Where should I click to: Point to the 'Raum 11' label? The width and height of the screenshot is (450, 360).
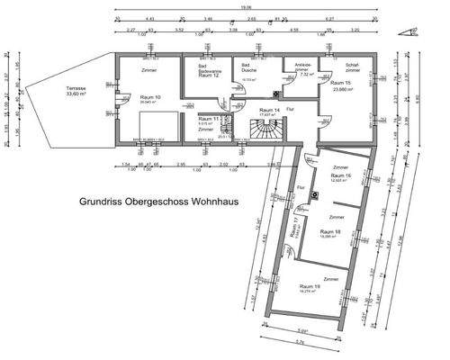click(209, 119)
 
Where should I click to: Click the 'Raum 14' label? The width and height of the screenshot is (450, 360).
click(268, 108)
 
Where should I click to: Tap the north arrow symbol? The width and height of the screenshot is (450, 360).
click(414, 31)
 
